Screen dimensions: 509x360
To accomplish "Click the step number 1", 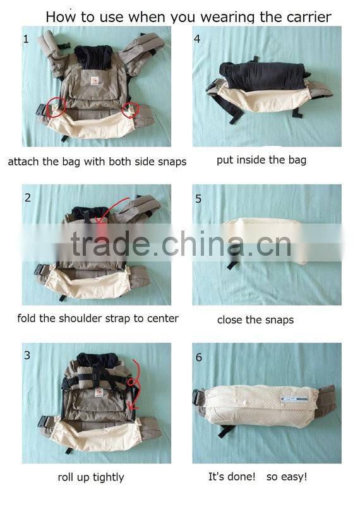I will tap(26, 39).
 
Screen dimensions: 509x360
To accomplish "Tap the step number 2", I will tap(27, 198).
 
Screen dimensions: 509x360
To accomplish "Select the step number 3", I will tap(27, 355).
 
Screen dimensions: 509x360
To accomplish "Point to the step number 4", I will tap(198, 39).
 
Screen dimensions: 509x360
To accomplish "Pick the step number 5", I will tap(198, 199).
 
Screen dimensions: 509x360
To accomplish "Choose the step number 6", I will tap(198, 357).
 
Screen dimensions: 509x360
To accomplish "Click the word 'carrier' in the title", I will tap(309, 17).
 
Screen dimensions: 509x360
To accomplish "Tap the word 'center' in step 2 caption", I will tap(161, 318).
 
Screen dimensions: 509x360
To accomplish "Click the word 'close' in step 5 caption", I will tap(231, 320).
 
